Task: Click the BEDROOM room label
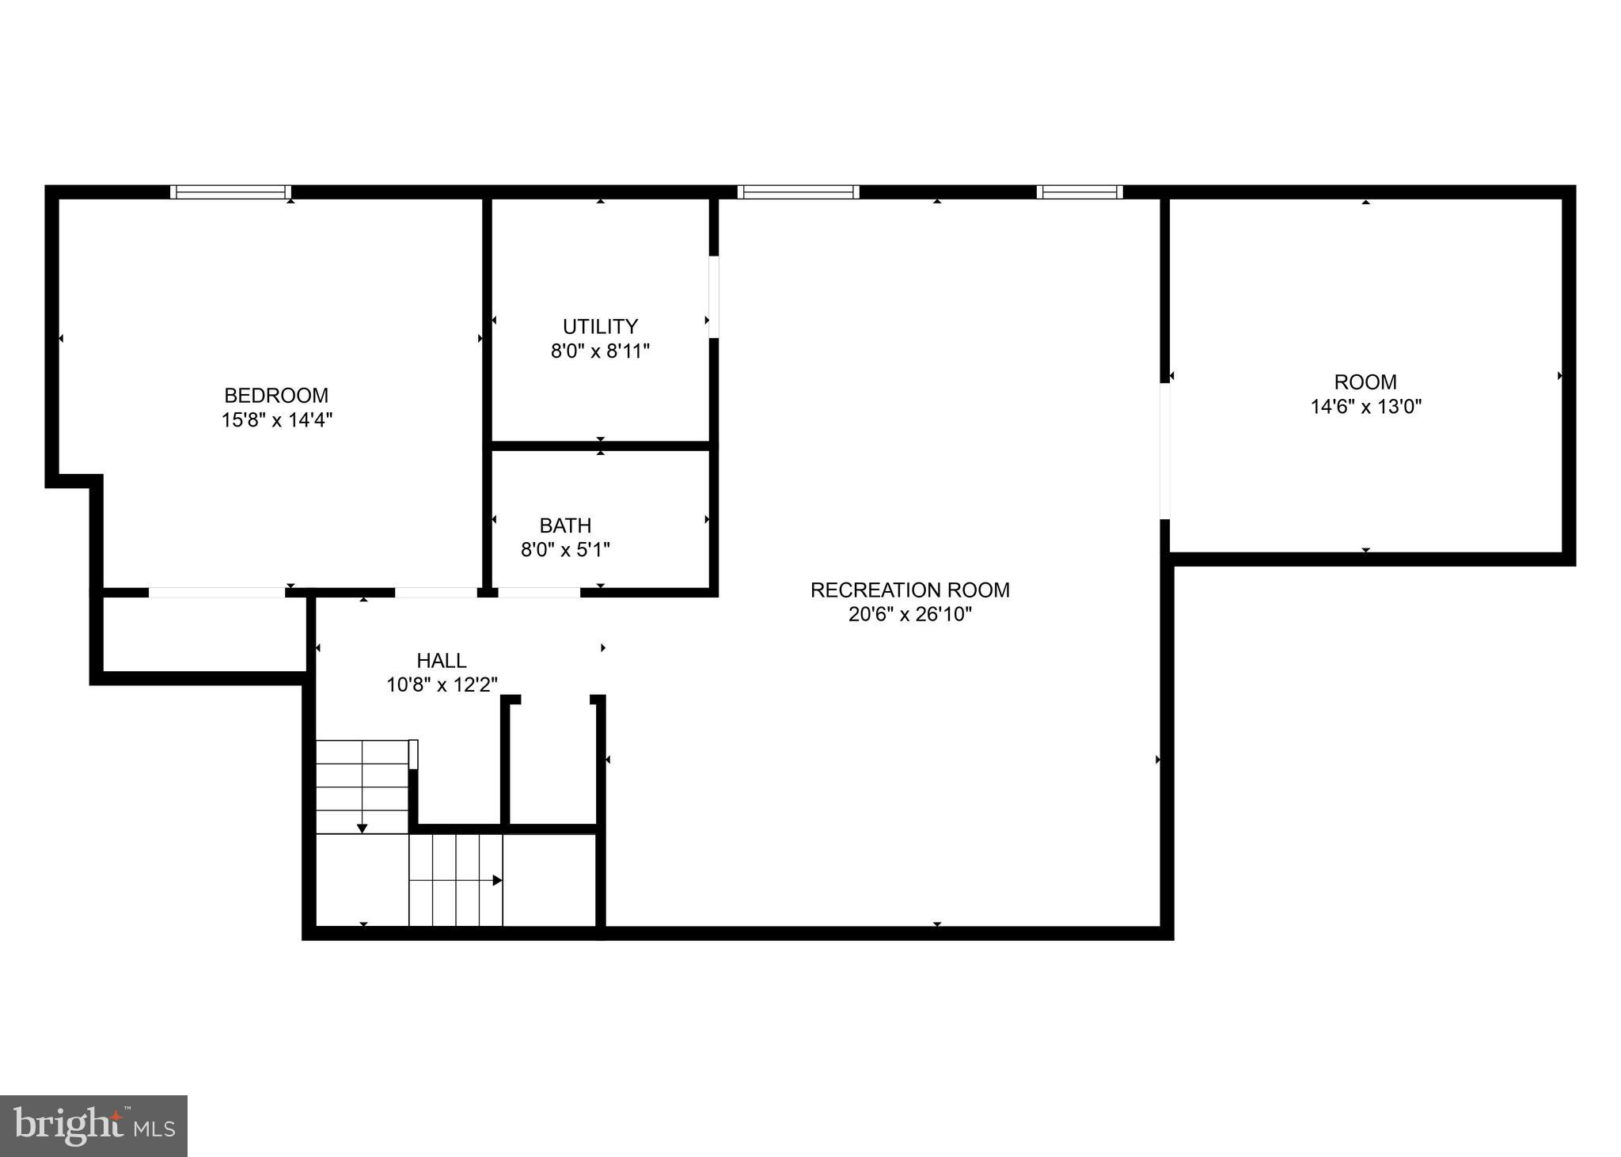276,395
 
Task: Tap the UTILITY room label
600,326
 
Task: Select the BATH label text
565,525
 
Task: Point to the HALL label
442,660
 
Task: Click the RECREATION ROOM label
909,590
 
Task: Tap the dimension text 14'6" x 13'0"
1365,407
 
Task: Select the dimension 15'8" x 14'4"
276,419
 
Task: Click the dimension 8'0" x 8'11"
600,351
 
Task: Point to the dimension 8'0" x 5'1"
565,549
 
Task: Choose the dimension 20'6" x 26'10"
909,614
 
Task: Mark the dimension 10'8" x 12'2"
442,685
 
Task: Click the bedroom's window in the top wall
230,192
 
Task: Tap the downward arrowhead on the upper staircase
363,828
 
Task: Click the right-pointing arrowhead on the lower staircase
497,880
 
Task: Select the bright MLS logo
93,1125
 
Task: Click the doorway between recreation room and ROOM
1164,450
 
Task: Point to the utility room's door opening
713,297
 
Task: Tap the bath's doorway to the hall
538,592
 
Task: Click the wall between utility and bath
600,446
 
